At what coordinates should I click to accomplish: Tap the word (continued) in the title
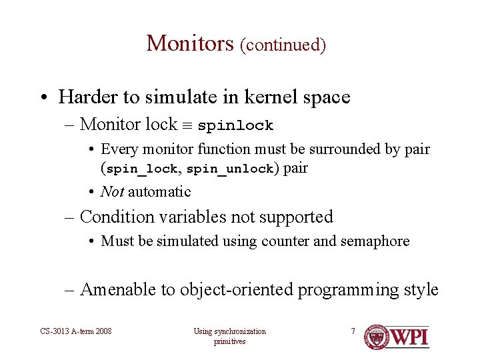(x=283, y=45)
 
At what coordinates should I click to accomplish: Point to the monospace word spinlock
(x=235, y=125)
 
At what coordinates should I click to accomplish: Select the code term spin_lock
(x=142, y=169)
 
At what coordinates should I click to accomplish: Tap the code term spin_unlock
(x=231, y=169)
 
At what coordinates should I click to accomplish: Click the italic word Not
(x=111, y=192)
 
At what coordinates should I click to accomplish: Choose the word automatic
(x=159, y=192)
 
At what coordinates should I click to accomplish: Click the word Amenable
(x=116, y=290)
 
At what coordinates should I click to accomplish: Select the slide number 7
(x=353, y=331)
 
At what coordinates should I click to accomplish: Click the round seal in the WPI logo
(x=377, y=337)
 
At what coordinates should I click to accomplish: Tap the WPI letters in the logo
(x=409, y=337)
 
